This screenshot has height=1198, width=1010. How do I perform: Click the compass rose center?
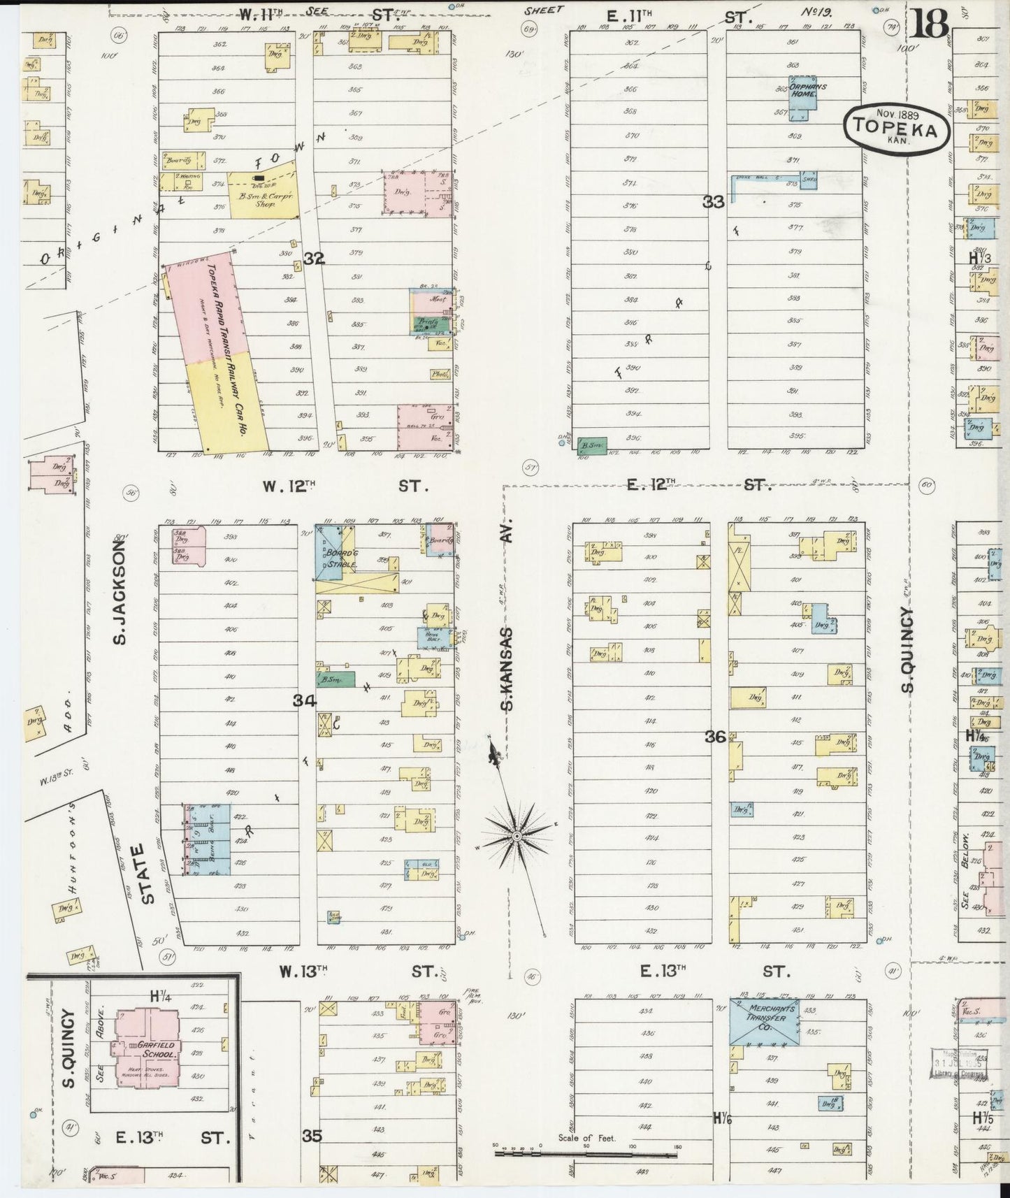(x=516, y=836)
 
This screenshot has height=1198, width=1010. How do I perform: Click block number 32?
(x=314, y=259)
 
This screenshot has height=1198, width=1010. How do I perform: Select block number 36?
(x=715, y=735)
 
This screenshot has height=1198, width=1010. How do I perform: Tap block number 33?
(x=714, y=202)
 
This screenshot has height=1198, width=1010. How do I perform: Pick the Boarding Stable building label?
(x=338, y=558)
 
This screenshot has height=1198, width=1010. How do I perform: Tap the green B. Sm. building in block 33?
(x=591, y=445)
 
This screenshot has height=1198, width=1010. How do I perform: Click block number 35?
(x=312, y=1136)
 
